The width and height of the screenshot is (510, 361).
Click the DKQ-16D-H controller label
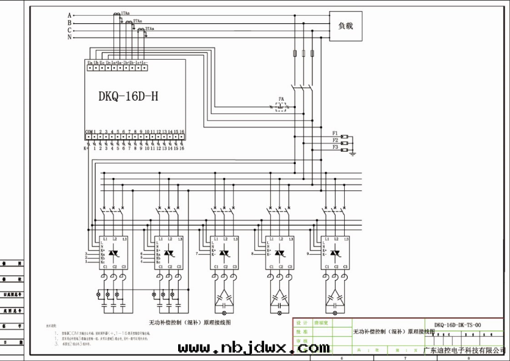pos(129,96)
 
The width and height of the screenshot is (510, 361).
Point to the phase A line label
pos(70,15)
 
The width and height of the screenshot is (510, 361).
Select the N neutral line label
pos(70,37)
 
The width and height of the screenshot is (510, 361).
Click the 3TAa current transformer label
pos(149,29)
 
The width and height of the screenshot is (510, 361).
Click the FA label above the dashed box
pos(281,98)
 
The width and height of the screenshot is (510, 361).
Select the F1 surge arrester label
pos(335,133)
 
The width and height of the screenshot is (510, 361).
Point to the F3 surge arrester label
pos(335,147)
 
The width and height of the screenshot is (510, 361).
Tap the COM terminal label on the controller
pos(88,131)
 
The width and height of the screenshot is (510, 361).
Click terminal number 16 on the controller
pos(182,131)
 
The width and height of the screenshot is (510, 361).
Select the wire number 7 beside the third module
pos(197,252)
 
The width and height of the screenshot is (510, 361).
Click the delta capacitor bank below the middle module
pos(224,298)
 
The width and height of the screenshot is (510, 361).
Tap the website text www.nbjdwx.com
pos(253,348)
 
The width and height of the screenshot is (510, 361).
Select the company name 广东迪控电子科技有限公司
pos(465,350)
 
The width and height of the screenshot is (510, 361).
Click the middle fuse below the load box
pos(304,54)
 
